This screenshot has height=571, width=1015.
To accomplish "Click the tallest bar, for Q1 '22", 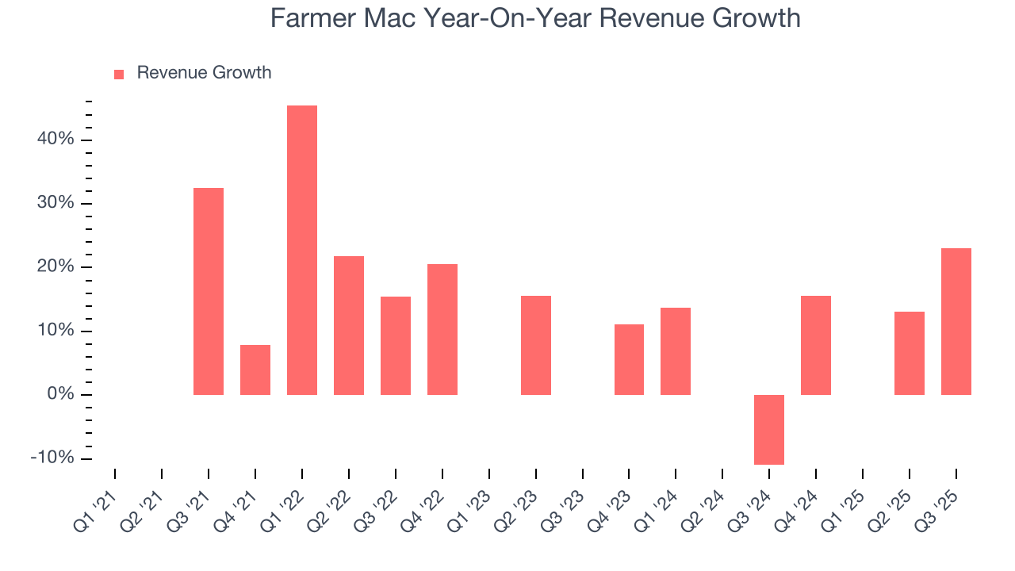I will [302, 250].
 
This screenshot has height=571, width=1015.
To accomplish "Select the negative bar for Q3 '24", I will [768, 429].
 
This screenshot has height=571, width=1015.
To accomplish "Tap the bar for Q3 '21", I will [209, 291].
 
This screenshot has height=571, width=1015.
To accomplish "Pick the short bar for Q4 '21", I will [255, 370].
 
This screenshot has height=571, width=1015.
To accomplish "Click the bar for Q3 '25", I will [956, 321].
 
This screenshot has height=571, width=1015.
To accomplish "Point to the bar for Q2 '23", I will [536, 345].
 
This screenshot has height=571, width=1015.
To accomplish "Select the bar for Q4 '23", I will [629, 359].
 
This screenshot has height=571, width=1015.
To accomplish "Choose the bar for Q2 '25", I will [909, 353].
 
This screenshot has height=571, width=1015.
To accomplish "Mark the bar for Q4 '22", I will [442, 329].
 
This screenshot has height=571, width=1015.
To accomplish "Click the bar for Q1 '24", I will [676, 351].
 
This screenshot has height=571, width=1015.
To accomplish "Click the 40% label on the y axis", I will [55, 140].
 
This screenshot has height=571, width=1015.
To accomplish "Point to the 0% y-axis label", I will [60, 395].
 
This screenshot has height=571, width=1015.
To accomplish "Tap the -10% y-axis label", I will [52, 458].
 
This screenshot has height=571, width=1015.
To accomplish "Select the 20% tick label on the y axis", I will [55, 267].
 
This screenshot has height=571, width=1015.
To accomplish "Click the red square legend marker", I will [119, 74].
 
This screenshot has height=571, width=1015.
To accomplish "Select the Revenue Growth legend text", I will [204, 73].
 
